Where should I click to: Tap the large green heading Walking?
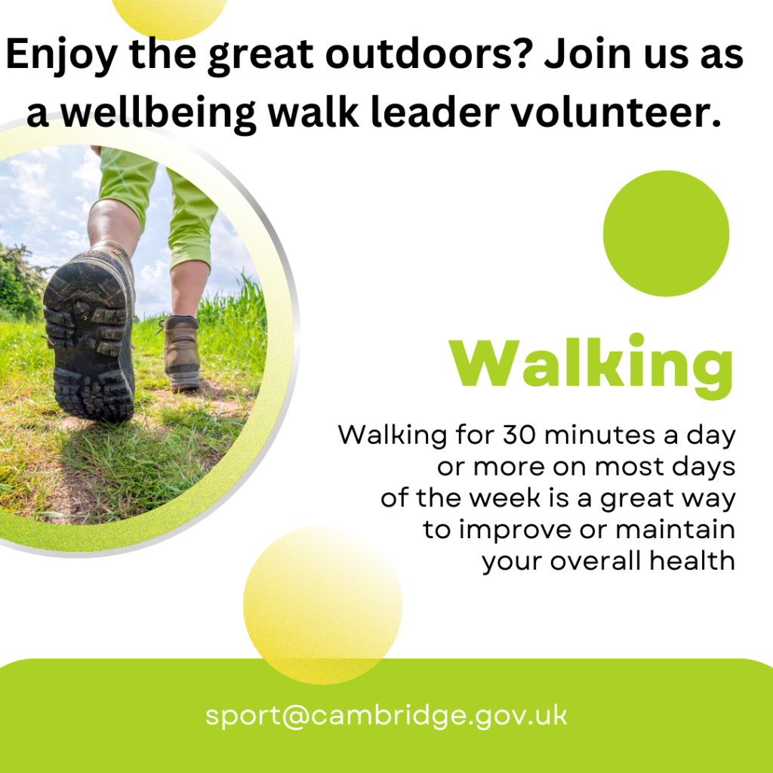pos(590,365)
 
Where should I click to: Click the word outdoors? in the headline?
pos(430,54)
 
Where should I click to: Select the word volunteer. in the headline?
pos(616,113)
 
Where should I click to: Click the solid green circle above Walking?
pos(666,233)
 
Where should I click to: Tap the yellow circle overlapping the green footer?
pos(323,605)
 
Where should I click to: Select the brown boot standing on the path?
pos(181,352)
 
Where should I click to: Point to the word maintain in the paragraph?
pos(675,529)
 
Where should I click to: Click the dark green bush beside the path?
pos(20,281)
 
